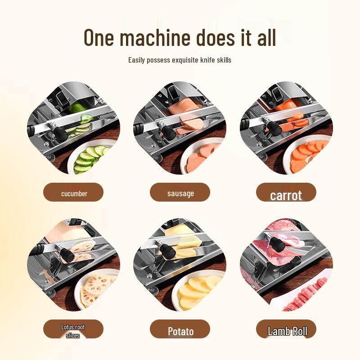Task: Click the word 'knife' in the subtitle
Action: (212, 60)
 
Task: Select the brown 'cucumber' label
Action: (74, 193)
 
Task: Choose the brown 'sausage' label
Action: (180, 193)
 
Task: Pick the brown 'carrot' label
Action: (286, 194)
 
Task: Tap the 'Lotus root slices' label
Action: (73, 330)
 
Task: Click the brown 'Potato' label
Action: (180, 331)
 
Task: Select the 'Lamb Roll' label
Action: (286, 331)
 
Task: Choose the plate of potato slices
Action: (198, 290)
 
